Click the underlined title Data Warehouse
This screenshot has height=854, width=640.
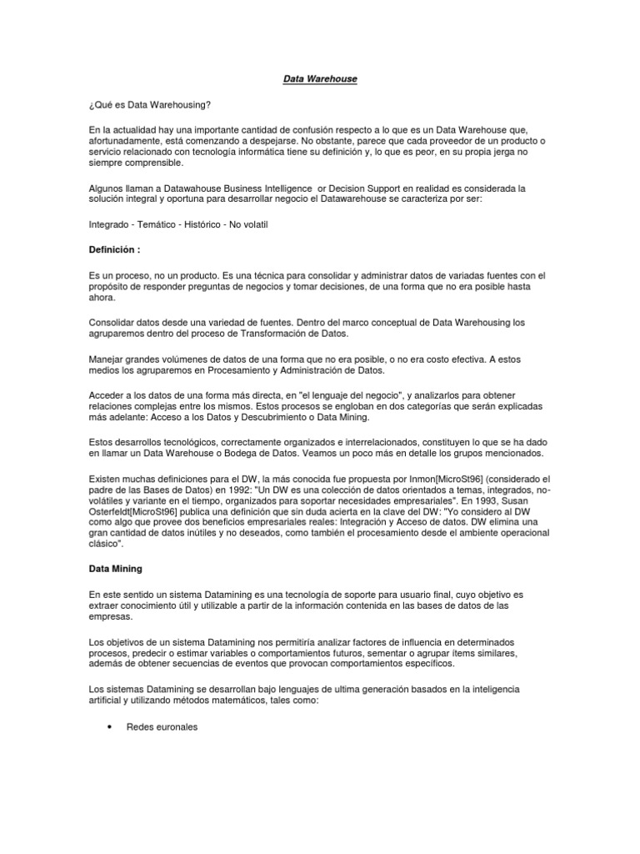[x=321, y=78]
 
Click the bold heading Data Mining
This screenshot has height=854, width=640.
[x=115, y=569]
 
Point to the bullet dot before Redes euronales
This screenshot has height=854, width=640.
[x=111, y=727]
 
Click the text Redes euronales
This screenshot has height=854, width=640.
[x=162, y=727]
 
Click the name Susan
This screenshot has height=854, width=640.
[x=534, y=501]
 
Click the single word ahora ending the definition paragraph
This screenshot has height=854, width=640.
[x=103, y=298]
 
